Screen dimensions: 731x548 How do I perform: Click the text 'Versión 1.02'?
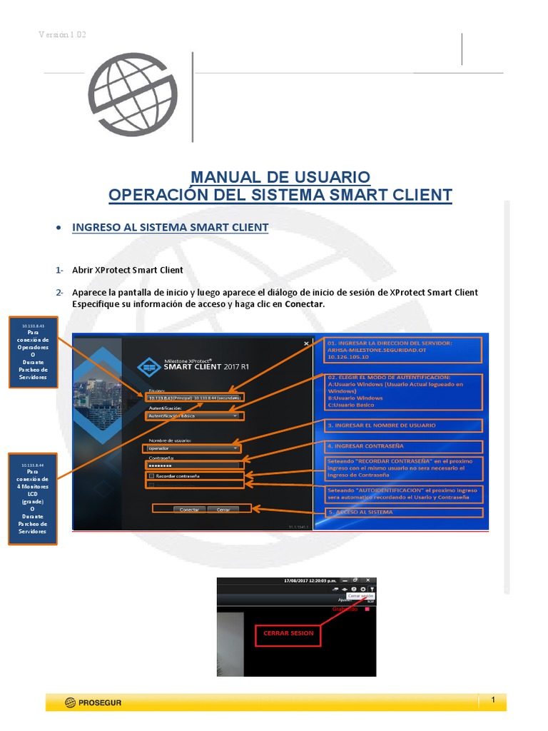(62, 35)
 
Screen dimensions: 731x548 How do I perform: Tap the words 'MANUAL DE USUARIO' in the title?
(280, 176)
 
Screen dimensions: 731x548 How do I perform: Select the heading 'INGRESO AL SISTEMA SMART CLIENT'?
(171, 228)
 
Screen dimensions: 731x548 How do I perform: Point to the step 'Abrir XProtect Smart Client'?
(128, 270)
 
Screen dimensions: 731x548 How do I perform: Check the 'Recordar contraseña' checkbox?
(151, 475)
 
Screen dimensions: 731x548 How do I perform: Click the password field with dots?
(193, 465)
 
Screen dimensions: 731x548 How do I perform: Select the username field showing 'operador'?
(193, 448)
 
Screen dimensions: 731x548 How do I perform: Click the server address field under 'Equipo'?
(194, 397)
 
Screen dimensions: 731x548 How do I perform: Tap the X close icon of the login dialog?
(306, 344)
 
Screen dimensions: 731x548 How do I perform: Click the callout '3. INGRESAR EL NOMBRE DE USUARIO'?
(404, 425)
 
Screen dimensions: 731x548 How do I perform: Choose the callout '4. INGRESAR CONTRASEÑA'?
(404, 447)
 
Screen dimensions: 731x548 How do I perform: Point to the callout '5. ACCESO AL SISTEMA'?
(404, 513)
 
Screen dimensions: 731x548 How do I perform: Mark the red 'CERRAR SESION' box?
(288, 633)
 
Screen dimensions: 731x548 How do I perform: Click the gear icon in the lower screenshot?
(362, 589)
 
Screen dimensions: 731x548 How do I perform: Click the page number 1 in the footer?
(492, 701)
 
